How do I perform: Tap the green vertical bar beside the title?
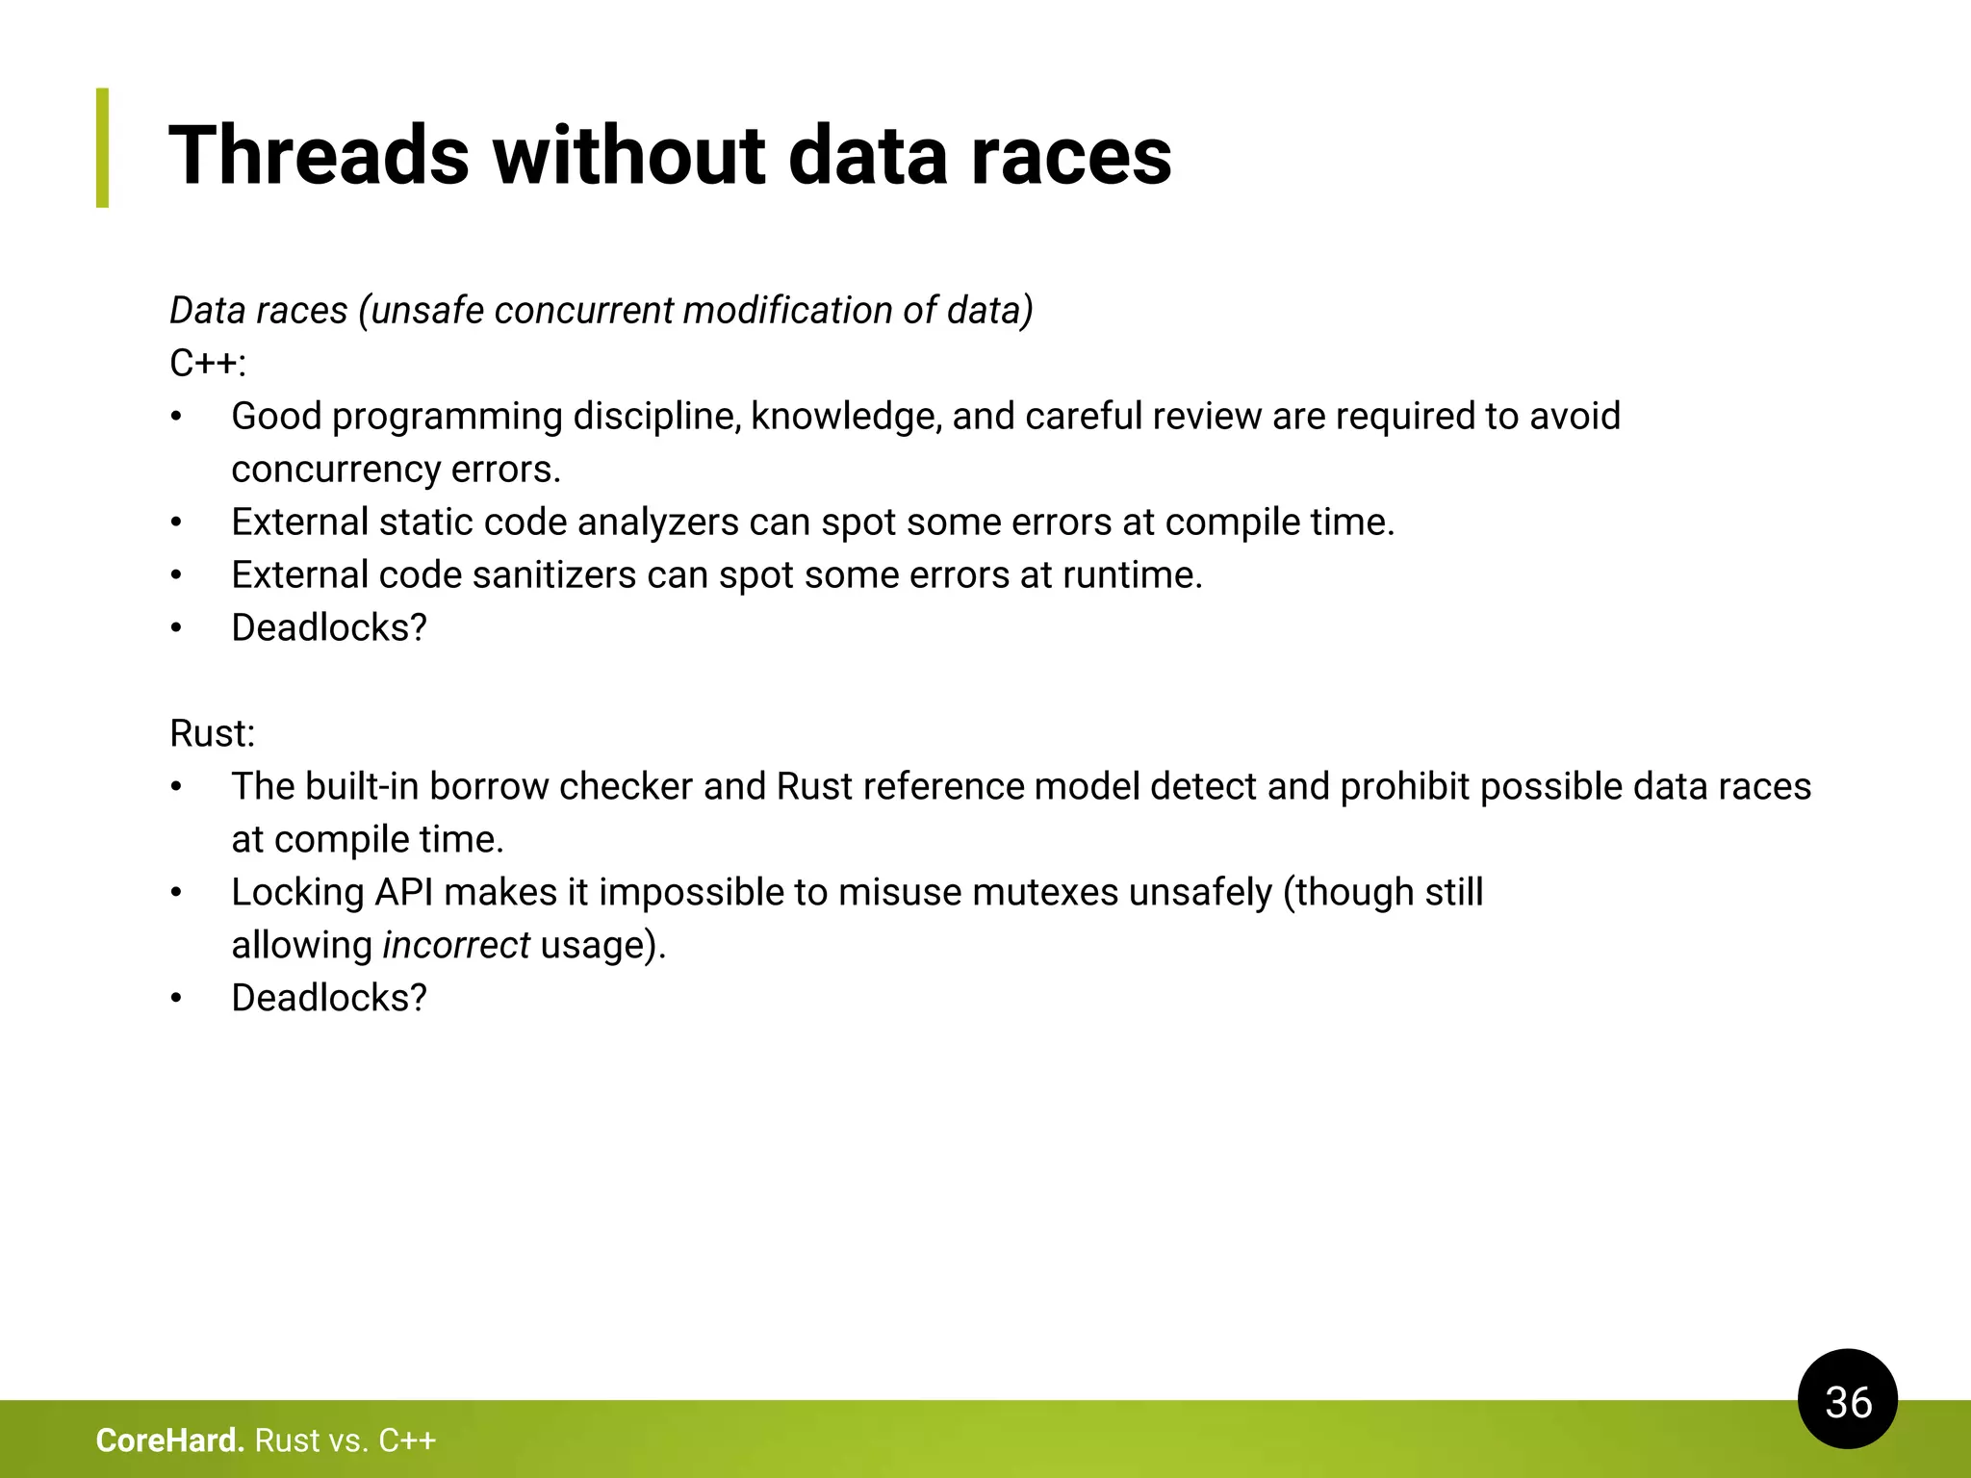tap(102, 148)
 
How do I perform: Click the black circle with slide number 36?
tap(1847, 1399)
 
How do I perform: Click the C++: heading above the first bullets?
tap(208, 364)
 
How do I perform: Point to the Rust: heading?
tap(212, 733)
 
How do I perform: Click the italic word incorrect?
tap(455, 945)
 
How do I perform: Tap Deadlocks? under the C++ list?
tap(329, 627)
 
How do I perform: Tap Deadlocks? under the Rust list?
tap(329, 998)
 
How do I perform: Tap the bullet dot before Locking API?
tap(176, 893)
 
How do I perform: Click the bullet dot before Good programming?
tap(176, 417)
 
